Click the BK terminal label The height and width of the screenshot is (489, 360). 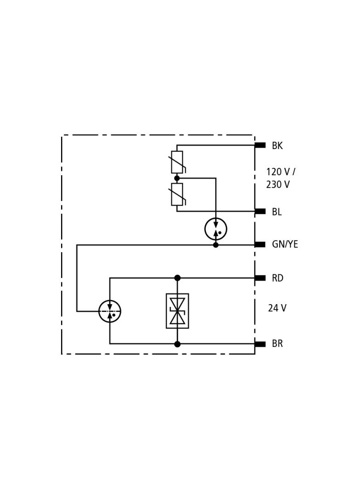[277, 146]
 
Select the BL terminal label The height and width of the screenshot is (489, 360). [276, 212]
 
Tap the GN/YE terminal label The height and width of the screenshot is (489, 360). [285, 244]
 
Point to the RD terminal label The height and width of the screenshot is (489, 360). [277, 278]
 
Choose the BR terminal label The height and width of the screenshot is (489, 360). [277, 344]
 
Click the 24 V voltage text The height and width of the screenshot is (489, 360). [277, 308]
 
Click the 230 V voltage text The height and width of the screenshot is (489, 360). [278, 184]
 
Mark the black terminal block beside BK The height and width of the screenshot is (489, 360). [260, 145]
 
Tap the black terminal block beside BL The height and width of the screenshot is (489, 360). [260, 211]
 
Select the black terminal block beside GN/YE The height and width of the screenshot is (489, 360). [260, 244]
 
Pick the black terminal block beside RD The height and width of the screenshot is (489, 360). [260, 278]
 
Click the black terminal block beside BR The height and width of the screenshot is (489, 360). [260, 344]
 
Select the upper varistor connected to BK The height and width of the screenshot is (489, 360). [177, 162]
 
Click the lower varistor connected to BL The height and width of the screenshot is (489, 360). [177, 194]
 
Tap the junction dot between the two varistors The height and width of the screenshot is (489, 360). [177, 178]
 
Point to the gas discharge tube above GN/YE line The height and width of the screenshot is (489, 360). [216, 229]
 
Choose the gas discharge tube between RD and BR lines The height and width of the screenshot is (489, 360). [110, 311]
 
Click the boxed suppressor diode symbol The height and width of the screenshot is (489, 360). [177, 311]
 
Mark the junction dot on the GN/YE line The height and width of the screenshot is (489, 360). [216, 245]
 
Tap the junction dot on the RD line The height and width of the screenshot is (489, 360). [177, 278]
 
